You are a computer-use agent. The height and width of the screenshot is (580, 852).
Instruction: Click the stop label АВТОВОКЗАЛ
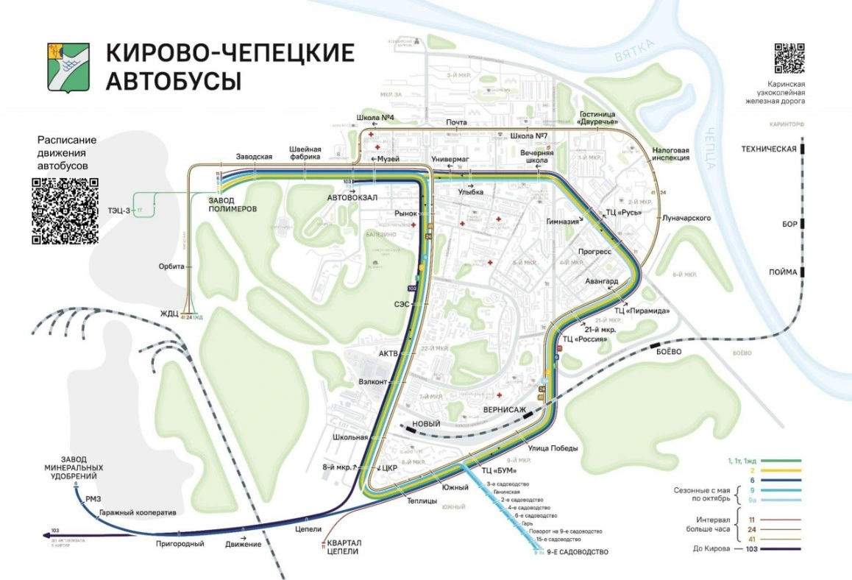click(352, 198)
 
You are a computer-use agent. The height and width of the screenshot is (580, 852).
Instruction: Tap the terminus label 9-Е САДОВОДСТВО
click(578, 552)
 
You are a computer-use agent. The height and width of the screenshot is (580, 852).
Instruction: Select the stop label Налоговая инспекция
click(670, 153)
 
